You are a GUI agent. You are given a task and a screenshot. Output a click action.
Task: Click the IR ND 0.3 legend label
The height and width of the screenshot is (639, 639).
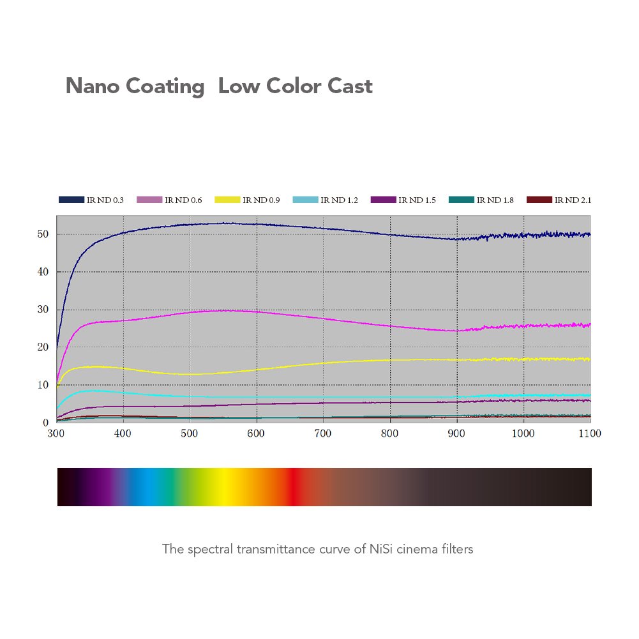coord(105,200)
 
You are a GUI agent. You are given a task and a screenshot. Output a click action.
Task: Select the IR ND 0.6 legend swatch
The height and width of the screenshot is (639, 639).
coord(149,200)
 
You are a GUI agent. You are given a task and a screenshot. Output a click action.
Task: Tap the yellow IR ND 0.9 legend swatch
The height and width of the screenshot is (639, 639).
coord(227,200)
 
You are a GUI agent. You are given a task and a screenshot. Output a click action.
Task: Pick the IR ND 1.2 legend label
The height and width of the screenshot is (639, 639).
coord(339,200)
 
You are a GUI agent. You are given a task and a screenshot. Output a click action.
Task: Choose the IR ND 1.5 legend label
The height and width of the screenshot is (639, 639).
coord(417,200)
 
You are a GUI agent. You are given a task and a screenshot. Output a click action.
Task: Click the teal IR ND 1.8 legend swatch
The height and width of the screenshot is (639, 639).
coord(462,200)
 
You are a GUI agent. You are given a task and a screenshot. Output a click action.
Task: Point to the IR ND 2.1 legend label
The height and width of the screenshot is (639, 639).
coord(573,200)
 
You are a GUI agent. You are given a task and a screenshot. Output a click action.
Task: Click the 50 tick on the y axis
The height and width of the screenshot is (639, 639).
coord(43,234)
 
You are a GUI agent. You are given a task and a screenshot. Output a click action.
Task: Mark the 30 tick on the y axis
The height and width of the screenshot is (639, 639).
coord(43,310)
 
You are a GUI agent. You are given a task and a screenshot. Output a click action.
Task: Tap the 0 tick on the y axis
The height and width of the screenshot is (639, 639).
coord(46,423)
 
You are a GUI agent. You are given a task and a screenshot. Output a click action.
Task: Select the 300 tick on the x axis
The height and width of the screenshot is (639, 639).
coord(56,433)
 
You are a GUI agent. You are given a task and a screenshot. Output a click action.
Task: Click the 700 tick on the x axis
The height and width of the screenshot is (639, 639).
coord(323,433)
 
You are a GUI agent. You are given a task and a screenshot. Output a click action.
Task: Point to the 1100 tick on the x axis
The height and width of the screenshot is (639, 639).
coord(590,433)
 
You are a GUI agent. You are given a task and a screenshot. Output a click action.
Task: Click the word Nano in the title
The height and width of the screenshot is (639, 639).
coord(93,86)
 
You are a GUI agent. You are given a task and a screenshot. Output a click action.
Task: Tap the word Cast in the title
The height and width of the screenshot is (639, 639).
coord(350,86)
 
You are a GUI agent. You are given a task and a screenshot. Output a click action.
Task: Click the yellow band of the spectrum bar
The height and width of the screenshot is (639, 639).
coord(223,487)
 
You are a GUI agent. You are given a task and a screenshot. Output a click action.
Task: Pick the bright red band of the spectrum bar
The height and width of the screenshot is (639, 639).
coord(294,487)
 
